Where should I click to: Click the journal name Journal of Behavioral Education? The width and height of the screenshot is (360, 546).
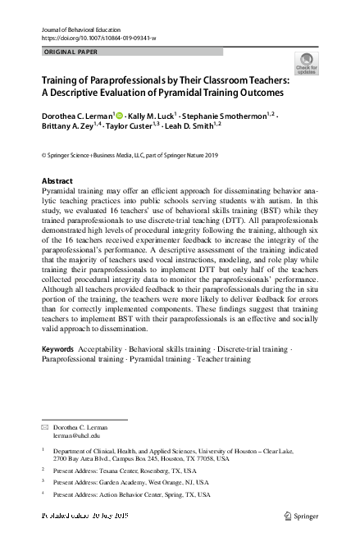80,29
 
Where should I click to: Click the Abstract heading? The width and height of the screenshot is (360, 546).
57,180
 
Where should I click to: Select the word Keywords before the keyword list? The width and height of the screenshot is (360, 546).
60,373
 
